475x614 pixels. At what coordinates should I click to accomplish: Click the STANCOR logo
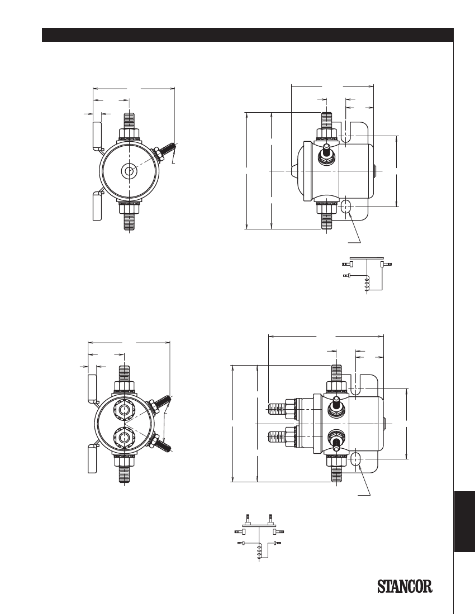[405, 586]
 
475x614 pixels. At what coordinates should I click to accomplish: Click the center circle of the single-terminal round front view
[129, 171]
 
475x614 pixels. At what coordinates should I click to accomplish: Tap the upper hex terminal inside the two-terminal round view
[124, 410]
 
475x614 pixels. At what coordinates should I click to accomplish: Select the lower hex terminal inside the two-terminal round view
[124, 438]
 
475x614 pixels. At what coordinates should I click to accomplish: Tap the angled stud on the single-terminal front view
[165, 151]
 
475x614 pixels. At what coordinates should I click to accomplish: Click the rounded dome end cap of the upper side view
[304, 171]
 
